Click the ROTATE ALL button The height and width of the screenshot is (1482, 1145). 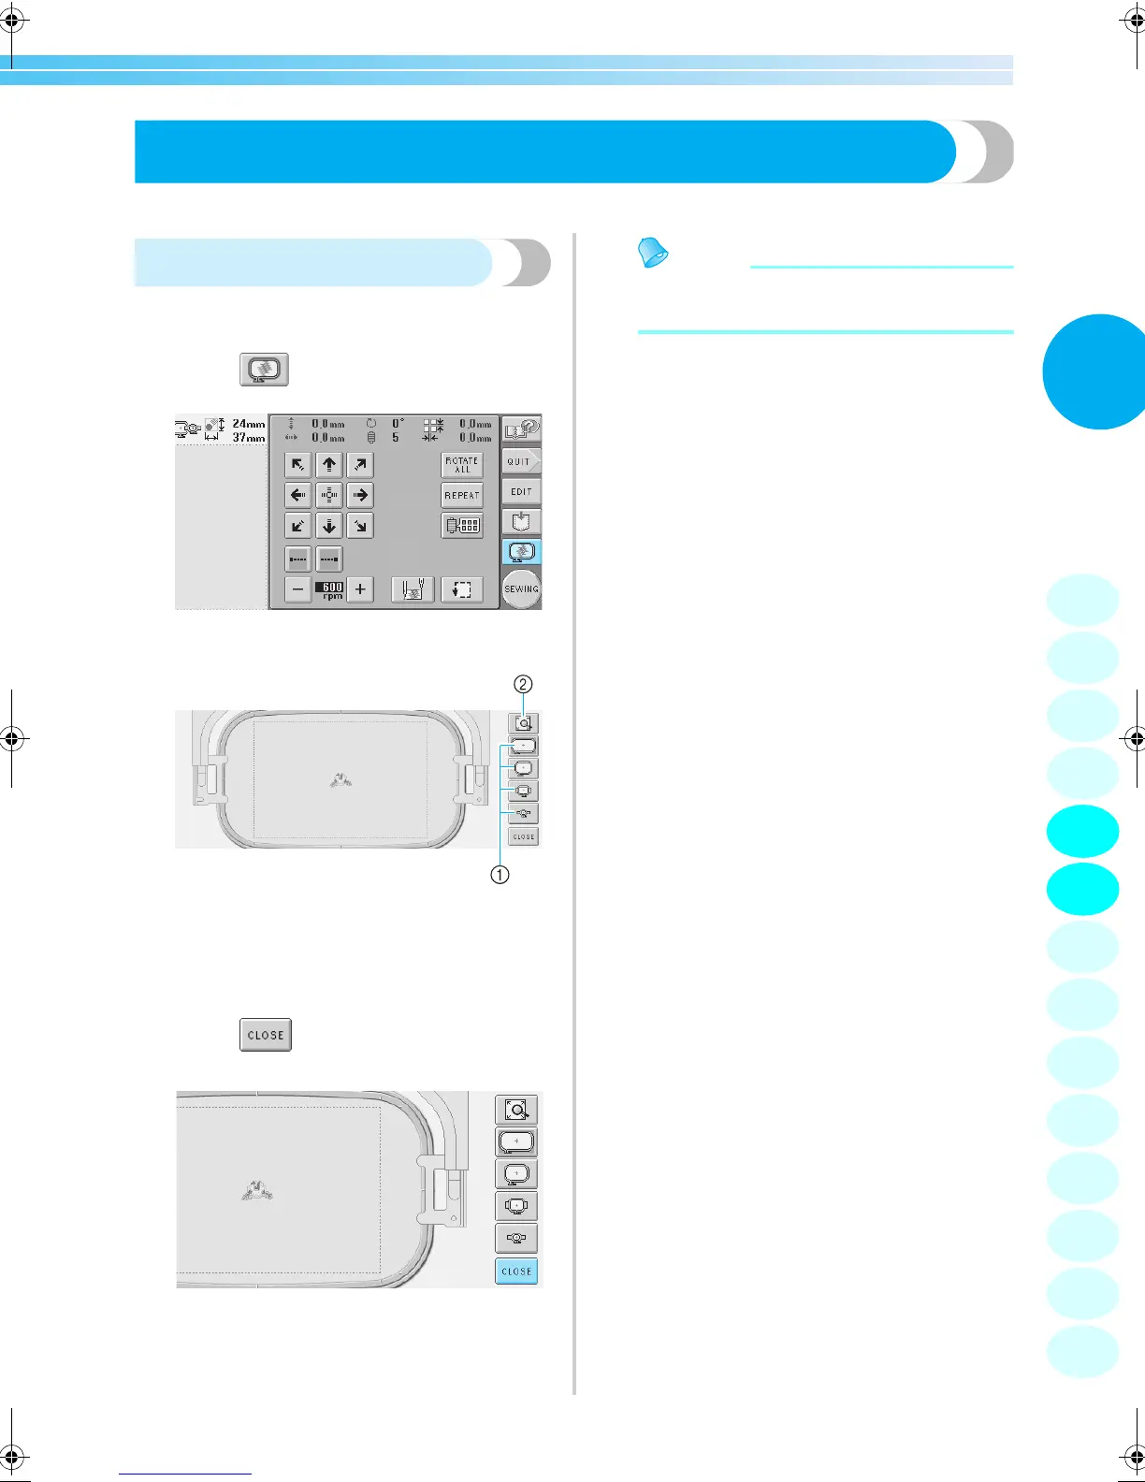(462, 465)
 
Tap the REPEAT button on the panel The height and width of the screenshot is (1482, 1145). (462, 495)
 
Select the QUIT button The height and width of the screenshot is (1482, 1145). (520, 461)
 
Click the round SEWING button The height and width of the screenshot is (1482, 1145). (521, 588)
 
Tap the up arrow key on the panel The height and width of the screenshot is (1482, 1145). (329, 465)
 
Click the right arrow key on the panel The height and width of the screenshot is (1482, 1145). (360, 495)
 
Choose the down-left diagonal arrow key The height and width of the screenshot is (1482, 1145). (297, 526)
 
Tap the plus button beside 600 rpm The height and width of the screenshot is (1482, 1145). (360, 589)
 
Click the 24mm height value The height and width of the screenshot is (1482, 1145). (248, 424)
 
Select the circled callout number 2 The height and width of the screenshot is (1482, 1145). (524, 684)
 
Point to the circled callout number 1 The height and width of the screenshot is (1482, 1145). (500, 875)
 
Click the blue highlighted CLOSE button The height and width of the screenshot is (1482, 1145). (516, 1271)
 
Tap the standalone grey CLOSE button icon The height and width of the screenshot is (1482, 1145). (266, 1035)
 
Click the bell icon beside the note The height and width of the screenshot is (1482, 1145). (653, 252)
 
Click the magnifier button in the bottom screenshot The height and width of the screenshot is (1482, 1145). (516, 1110)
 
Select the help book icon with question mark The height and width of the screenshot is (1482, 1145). (521, 429)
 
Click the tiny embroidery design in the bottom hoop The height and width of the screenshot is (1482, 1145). (256, 1191)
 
